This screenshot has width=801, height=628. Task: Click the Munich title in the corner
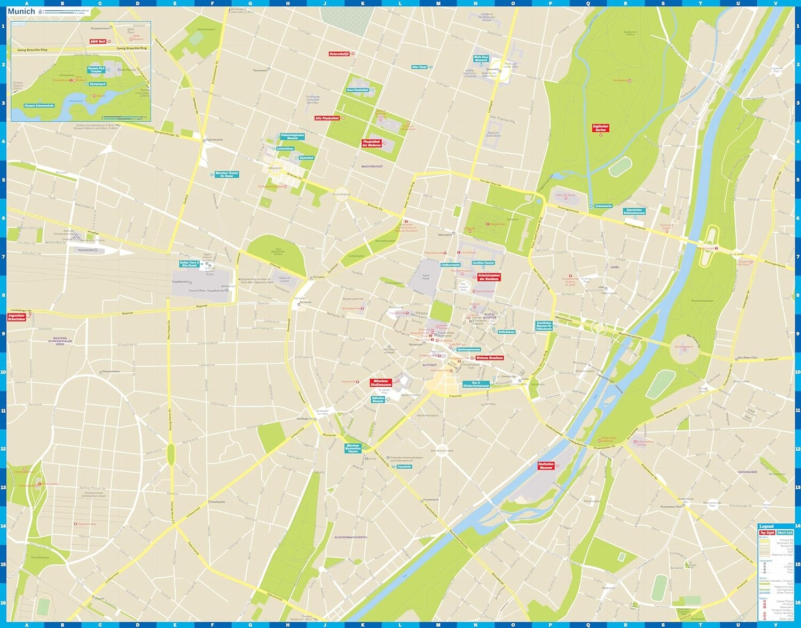point(21,11)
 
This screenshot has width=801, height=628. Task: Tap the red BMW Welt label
point(98,41)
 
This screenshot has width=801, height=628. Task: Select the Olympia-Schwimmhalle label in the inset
point(39,106)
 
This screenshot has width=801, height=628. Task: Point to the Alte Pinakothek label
point(327,118)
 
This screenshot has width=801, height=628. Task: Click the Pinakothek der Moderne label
point(372,144)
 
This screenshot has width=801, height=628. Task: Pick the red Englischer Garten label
point(601,128)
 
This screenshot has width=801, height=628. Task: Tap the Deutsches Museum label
point(546,466)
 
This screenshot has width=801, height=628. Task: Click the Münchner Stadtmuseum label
point(381,383)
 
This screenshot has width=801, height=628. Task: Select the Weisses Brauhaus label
point(490,358)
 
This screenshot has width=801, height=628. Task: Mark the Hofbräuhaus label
point(506,332)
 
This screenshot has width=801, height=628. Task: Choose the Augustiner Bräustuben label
point(17,317)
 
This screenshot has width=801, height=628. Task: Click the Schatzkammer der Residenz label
point(489,277)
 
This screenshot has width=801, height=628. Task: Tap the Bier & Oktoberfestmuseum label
point(476,384)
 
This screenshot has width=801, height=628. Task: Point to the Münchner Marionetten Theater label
point(353,449)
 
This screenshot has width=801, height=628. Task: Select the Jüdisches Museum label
point(378,399)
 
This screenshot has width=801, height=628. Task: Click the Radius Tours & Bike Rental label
point(189,264)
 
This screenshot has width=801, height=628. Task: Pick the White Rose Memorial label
point(481,58)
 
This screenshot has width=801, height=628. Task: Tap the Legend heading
point(766,527)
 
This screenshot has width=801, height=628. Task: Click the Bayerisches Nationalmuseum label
point(635,211)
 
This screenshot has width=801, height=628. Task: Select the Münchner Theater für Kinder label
point(226,174)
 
